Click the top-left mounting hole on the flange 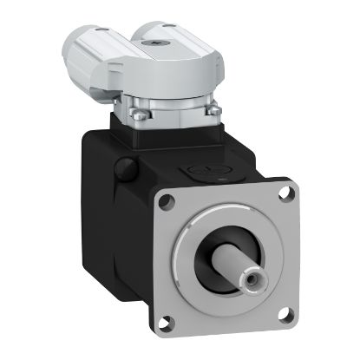(167, 201)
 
